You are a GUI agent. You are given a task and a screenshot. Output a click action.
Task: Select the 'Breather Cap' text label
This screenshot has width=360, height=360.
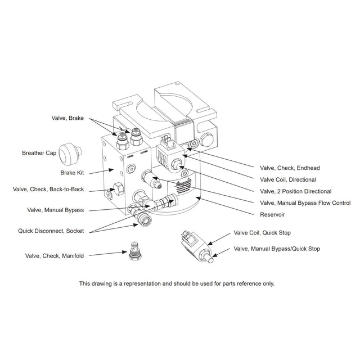click(x=38, y=152)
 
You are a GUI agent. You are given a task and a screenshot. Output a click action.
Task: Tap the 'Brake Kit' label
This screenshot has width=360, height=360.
click(x=72, y=173)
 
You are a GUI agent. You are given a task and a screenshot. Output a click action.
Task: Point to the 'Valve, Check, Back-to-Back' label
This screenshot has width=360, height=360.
click(x=48, y=190)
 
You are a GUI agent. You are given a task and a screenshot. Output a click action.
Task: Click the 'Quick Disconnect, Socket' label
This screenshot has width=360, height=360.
click(x=51, y=230)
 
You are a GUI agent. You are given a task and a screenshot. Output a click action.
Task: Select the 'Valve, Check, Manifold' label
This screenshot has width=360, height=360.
click(x=55, y=255)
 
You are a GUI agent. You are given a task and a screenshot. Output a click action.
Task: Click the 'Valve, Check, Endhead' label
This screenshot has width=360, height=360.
click(x=289, y=168)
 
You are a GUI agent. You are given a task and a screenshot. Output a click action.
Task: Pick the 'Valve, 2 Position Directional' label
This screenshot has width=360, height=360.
click(x=295, y=191)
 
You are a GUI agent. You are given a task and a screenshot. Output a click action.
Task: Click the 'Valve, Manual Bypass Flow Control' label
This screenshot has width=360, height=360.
click(x=305, y=203)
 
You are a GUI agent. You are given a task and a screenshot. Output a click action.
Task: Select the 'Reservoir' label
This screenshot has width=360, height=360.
click(x=273, y=215)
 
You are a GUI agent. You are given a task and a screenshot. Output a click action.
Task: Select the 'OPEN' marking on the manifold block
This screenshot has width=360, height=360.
click(x=130, y=155)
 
